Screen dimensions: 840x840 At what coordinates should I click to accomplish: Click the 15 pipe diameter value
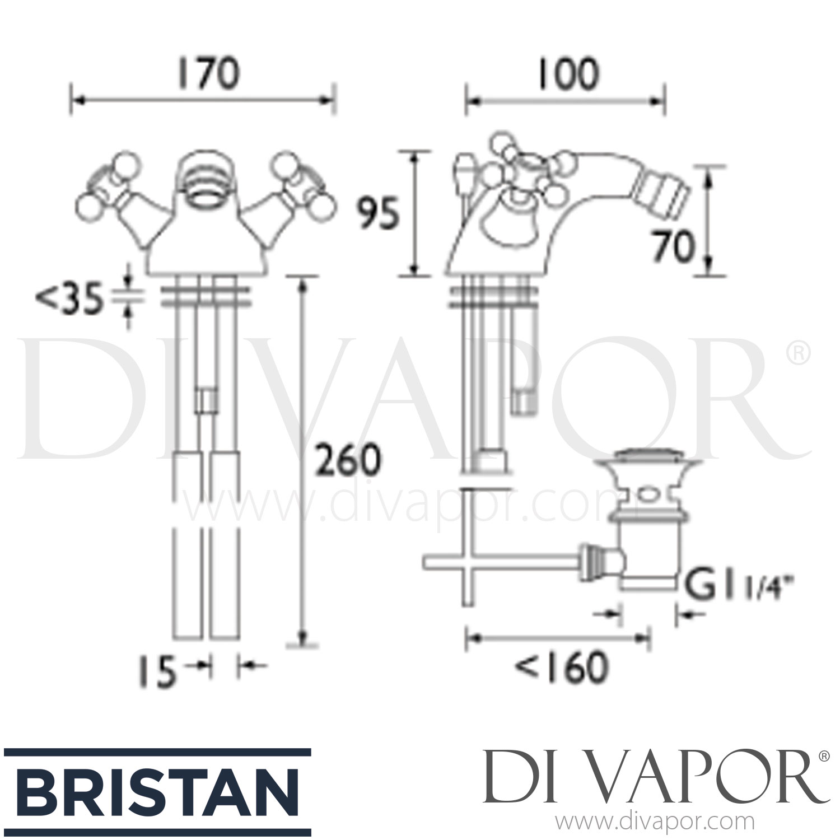[156, 671]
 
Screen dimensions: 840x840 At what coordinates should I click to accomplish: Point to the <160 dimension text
[561, 667]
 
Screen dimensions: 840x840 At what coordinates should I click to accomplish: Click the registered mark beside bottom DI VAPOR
[824, 757]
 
